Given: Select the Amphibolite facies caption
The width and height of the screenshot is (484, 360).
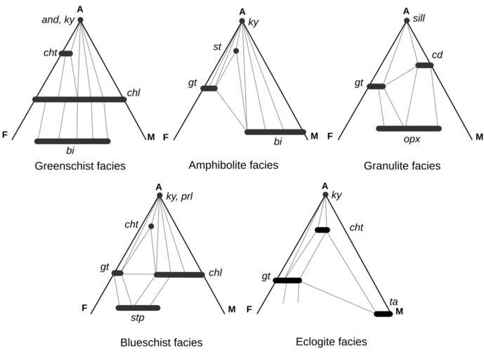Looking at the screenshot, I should (x=233, y=165).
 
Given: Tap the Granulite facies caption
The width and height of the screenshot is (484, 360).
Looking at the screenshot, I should (x=402, y=167).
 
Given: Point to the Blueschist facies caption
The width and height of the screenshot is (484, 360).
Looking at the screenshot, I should (x=161, y=342).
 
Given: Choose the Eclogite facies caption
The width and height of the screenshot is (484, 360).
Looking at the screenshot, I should (x=332, y=342).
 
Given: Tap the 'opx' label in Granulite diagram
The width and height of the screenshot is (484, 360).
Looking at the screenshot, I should (x=412, y=139).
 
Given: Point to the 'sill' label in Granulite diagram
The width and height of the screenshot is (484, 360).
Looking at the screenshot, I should (x=419, y=16).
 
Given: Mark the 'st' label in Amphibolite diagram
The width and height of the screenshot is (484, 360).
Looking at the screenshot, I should (x=218, y=47).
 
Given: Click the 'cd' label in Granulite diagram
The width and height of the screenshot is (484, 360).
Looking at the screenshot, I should (x=436, y=54).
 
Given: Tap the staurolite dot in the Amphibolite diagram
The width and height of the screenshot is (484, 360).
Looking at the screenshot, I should (x=236, y=51).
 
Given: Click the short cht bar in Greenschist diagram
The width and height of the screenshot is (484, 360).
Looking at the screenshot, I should (x=65, y=53).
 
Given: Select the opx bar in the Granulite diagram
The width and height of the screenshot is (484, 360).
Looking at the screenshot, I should (x=408, y=128).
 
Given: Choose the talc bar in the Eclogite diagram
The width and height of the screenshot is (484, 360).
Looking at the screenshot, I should (x=383, y=314).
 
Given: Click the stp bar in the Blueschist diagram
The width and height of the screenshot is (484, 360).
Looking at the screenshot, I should (x=138, y=307).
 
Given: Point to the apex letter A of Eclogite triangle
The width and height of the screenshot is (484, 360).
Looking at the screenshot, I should (x=325, y=186).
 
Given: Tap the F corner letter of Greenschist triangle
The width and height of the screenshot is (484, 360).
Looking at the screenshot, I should (x=5, y=134).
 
